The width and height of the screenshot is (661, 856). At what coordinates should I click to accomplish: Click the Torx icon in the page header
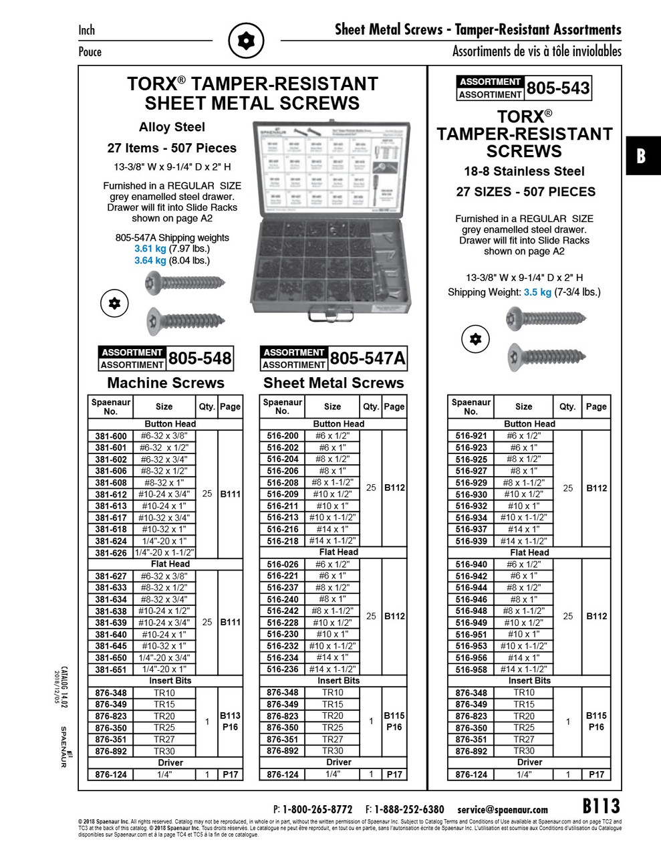247,41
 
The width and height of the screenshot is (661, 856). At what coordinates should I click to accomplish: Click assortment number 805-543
558,88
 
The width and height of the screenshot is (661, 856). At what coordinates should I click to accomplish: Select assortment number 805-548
200,358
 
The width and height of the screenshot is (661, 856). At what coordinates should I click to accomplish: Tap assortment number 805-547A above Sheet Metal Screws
367,358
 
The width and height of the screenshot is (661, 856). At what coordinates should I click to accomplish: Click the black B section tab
642,156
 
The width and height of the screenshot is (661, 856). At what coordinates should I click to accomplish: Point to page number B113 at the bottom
601,806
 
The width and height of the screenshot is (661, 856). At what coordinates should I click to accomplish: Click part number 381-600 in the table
110,436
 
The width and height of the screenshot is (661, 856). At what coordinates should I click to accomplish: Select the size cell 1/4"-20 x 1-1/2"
164,552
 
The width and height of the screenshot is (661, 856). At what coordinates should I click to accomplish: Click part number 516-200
283,436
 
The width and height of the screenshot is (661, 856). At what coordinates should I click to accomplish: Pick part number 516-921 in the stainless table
471,436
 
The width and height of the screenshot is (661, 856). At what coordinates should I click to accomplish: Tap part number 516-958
471,669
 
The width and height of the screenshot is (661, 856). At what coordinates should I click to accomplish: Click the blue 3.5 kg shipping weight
537,292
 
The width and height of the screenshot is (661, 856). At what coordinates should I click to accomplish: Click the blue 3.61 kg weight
149,249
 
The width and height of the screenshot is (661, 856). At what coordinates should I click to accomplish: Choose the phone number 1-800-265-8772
317,809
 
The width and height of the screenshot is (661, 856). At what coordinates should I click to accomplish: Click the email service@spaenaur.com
503,809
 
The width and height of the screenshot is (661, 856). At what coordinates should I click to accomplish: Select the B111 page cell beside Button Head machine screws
230,494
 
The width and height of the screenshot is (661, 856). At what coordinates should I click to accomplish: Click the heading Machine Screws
166,383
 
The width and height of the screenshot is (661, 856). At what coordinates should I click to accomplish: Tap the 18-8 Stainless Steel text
524,172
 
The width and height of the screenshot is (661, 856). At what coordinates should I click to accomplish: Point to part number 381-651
110,669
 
